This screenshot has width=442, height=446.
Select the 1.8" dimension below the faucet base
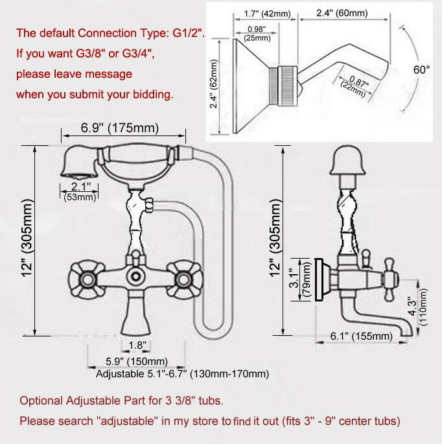(x=136, y=344)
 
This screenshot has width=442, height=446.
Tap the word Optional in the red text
(x=40, y=400)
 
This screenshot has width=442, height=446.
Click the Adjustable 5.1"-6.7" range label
(x=182, y=374)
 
